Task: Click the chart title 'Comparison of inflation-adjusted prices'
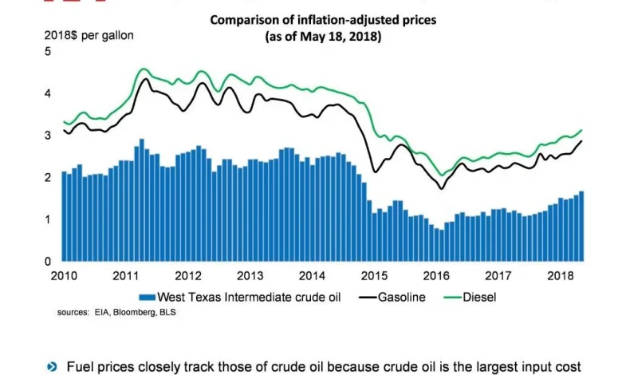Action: (x=323, y=20)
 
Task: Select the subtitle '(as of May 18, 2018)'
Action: (x=323, y=37)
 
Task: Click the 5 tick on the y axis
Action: (x=49, y=52)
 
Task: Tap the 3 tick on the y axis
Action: (x=49, y=136)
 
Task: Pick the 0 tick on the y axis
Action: (x=49, y=261)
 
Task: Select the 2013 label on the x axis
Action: (x=250, y=276)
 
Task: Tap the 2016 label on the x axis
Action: (x=436, y=276)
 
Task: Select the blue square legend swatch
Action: (x=144, y=297)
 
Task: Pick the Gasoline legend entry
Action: (x=399, y=297)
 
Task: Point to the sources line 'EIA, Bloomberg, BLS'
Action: (x=116, y=312)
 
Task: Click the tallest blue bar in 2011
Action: (x=141, y=200)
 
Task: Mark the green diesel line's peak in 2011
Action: (x=143, y=69)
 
